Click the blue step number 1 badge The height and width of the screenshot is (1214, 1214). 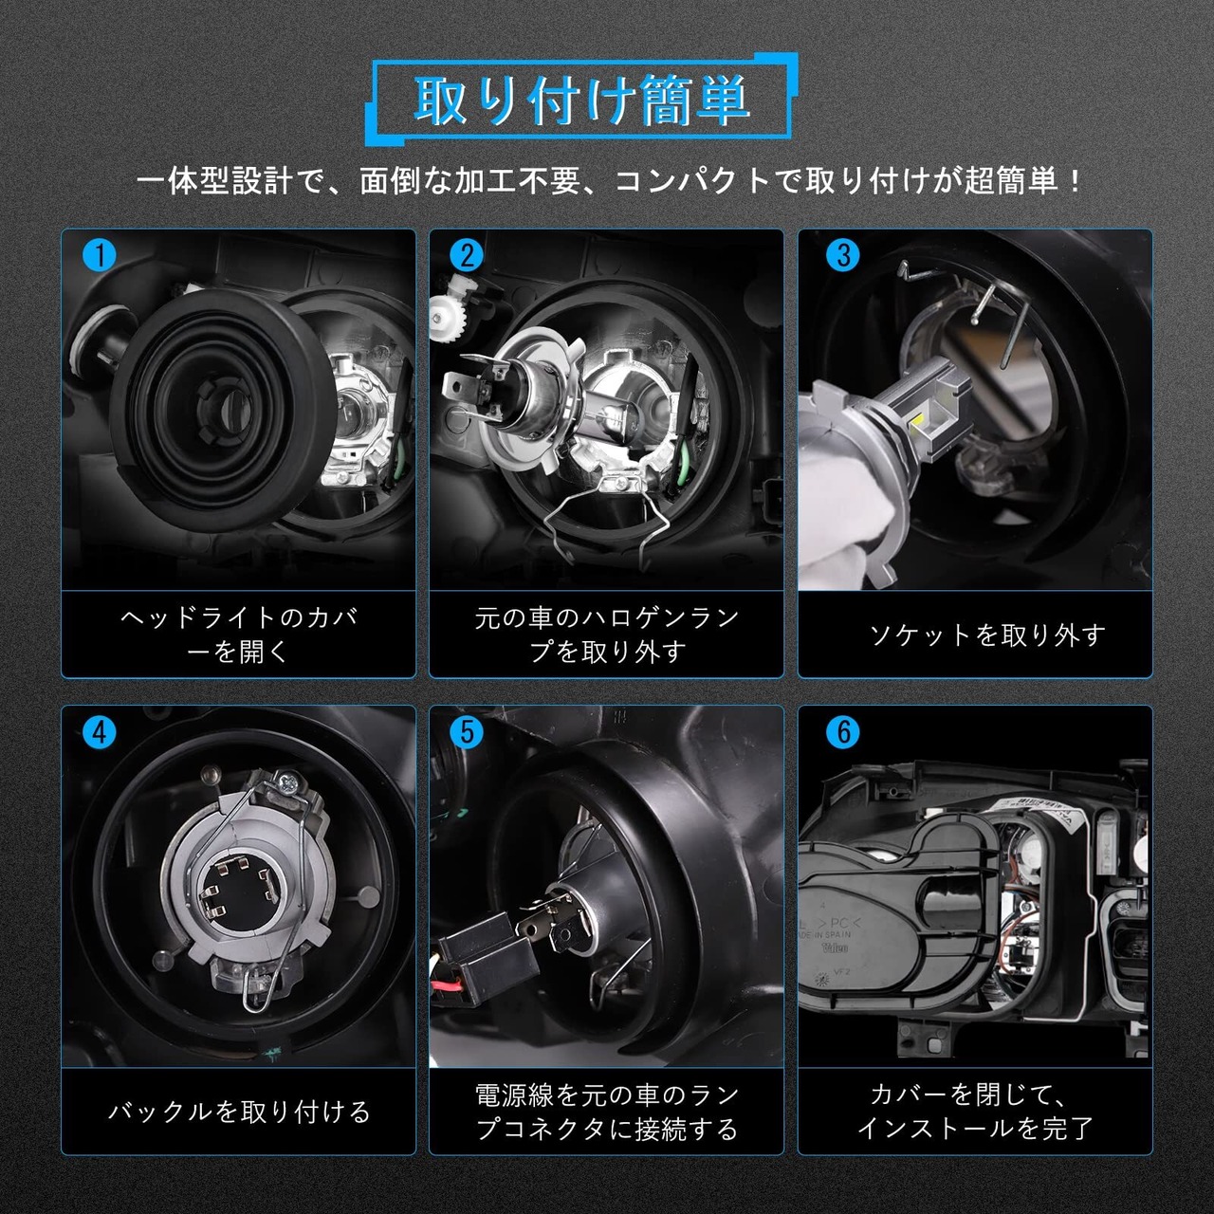99,256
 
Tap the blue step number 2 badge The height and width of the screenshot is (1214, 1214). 467,256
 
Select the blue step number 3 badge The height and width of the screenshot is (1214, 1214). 843,256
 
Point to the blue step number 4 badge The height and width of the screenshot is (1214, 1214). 99,733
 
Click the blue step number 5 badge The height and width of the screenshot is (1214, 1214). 467,733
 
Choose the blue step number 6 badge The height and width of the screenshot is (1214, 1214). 843,733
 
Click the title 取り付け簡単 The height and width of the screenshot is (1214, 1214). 581,101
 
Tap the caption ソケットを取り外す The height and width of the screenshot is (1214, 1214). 987,635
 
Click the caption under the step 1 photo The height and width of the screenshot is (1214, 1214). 239,635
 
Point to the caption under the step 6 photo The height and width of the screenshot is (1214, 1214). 975,1113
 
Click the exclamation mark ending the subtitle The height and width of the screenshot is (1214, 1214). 1075,182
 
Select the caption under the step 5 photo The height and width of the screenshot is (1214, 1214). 607,1113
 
